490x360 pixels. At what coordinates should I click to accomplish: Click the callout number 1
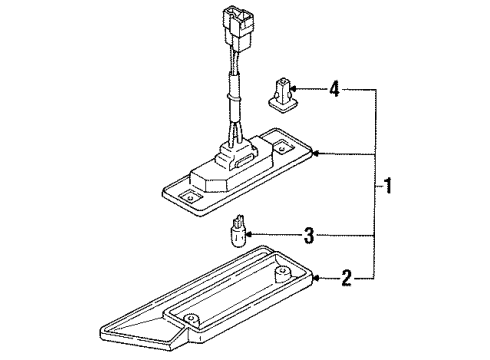click(388, 186)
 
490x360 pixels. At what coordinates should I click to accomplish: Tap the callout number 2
click(346, 278)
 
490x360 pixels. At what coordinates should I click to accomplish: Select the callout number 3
click(309, 235)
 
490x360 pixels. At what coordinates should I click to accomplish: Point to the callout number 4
click(334, 89)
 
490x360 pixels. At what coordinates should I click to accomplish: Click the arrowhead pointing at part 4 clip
click(293, 89)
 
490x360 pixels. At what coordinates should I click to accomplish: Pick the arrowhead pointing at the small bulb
click(249, 235)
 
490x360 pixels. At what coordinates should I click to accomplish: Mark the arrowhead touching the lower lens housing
click(316, 278)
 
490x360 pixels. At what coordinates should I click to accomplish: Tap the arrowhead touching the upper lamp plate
click(316, 154)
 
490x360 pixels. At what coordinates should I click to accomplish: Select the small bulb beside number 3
click(239, 231)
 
